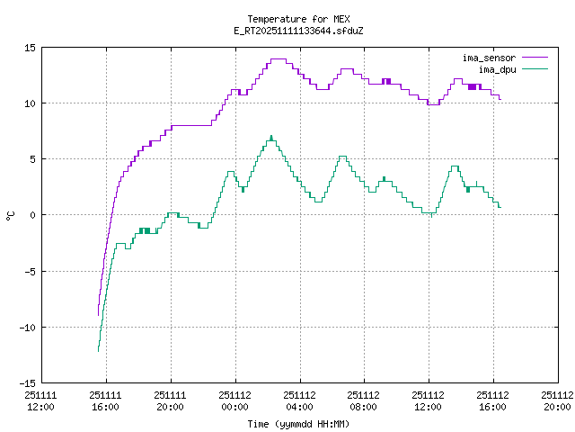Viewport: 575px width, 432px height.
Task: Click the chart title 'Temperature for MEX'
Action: click(298, 19)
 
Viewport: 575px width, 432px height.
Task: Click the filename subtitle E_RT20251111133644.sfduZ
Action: click(298, 31)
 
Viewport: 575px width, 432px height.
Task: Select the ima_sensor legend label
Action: click(489, 58)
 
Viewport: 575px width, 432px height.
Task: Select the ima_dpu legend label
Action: click(496, 68)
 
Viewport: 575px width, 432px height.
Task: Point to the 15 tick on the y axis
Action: click(30, 48)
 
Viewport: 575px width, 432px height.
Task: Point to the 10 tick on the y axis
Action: click(30, 103)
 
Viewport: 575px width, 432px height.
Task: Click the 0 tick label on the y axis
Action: click(32, 215)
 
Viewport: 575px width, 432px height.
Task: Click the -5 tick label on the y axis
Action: click(30, 271)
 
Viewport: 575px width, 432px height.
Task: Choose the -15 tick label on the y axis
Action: click(27, 382)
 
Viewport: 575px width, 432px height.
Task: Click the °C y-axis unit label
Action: click(11, 215)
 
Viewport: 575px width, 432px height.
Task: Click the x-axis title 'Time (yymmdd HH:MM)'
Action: click(298, 424)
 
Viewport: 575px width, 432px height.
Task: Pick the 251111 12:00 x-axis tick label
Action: click(41, 400)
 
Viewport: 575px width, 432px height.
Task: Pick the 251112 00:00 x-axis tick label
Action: click(235, 400)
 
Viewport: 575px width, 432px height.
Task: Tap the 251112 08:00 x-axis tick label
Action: click(364, 400)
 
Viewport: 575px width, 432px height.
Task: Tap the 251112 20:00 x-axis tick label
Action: click(557, 400)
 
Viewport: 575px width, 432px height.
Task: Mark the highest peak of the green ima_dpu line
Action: click(271, 137)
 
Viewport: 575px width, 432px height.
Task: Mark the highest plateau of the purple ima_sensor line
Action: click(278, 59)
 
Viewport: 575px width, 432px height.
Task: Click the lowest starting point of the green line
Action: click(98, 349)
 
